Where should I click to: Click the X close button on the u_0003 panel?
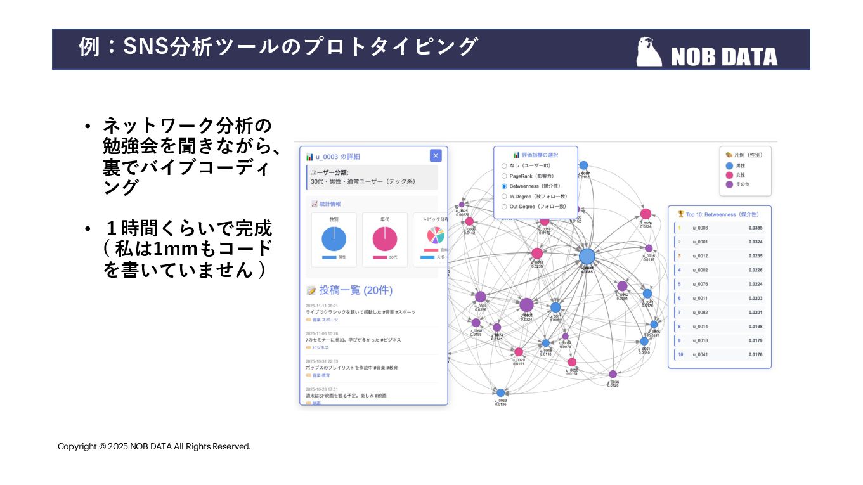[x=435, y=156]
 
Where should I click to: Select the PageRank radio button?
[x=504, y=176]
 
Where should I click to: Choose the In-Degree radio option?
[x=504, y=197]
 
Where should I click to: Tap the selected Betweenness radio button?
[x=504, y=186]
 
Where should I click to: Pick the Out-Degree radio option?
[x=504, y=207]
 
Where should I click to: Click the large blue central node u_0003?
[x=587, y=256]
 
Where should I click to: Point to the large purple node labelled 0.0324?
[x=526, y=305]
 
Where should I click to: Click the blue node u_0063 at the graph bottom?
[x=500, y=393]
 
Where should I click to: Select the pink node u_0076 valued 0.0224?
[x=646, y=214]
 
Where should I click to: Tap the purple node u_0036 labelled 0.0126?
[x=613, y=374]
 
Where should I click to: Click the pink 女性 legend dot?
[x=729, y=175]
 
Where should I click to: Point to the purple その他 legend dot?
[x=729, y=184]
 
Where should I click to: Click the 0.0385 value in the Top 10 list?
[x=755, y=228]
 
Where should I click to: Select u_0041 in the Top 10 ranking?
[x=700, y=354]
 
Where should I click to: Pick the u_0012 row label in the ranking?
[x=700, y=256]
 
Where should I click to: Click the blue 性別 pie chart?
[x=334, y=239]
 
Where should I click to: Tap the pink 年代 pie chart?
[x=384, y=239]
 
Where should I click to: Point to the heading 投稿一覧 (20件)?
[x=355, y=290]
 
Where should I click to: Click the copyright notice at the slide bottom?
[x=154, y=446]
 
